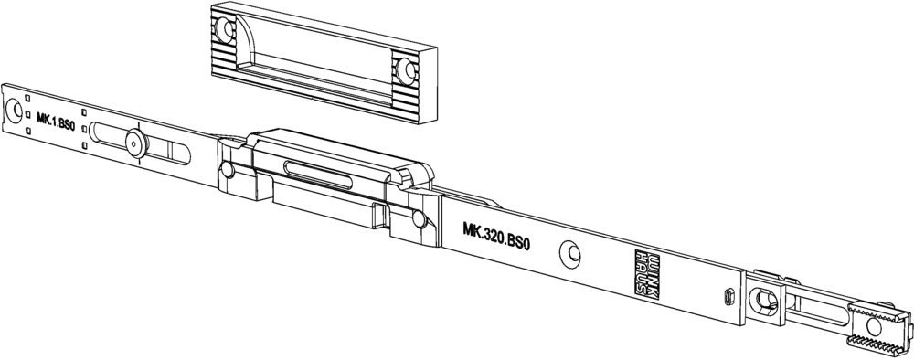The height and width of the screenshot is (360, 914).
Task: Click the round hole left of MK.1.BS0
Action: tap(14, 111)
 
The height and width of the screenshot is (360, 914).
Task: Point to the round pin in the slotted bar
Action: tap(135, 143)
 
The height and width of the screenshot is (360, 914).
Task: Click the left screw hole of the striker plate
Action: tap(225, 29)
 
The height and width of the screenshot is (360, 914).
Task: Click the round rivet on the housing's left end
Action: tap(228, 170)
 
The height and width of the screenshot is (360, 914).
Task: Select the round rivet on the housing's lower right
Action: tap(419, 219)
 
